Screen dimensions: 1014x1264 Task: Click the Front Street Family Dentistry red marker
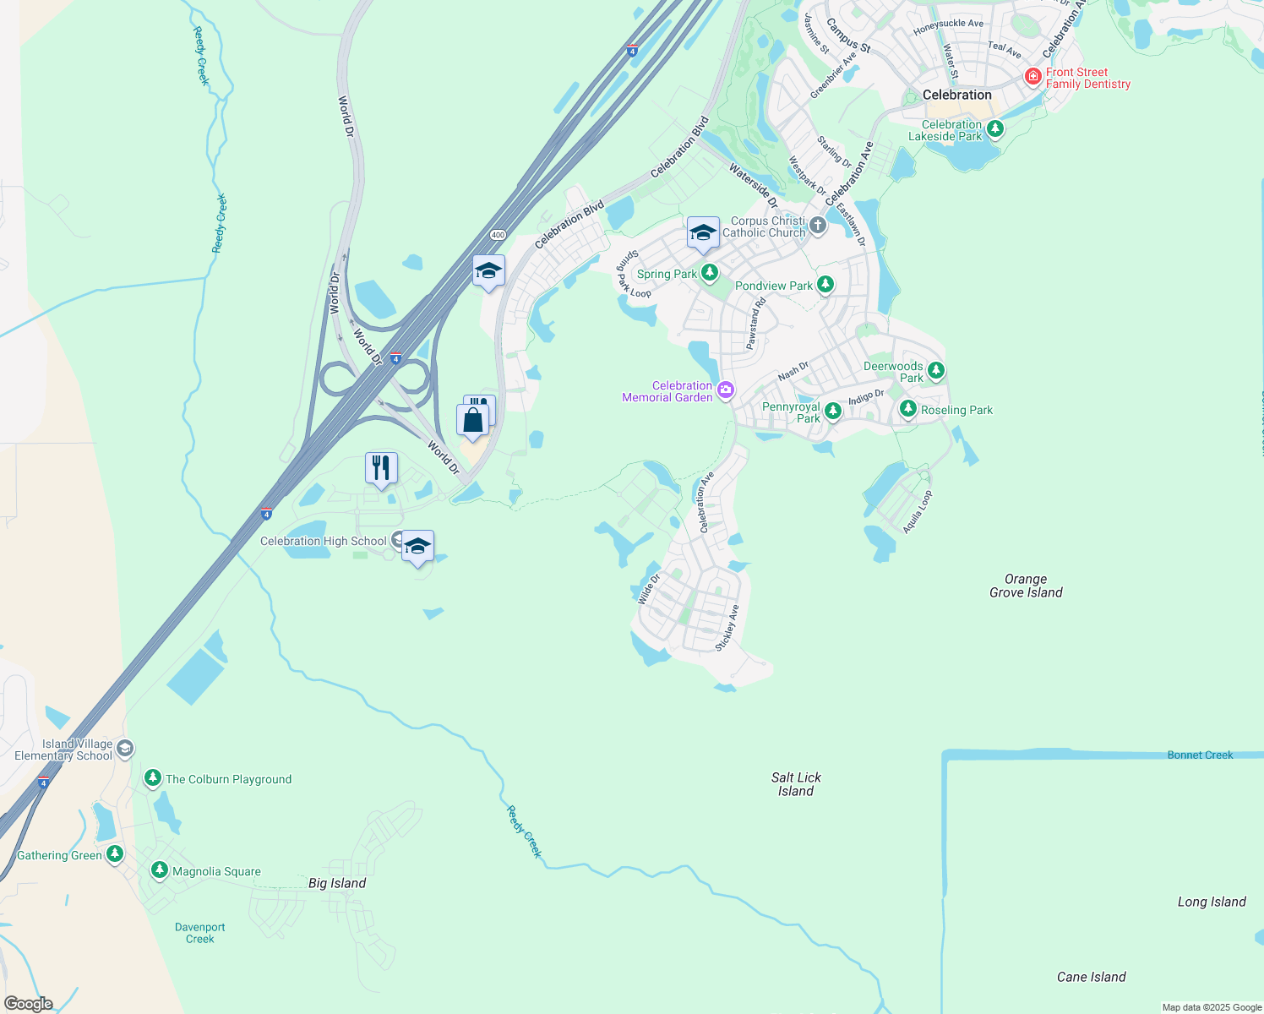coord(1032,77)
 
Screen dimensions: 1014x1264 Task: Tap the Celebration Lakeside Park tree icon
coord(995,129)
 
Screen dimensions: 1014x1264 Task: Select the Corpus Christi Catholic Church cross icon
coord(817,226)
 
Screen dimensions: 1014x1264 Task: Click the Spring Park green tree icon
coord(710,273)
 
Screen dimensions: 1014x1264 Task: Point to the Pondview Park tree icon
coord(825,285)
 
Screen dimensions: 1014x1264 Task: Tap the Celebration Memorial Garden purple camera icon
coord(725,390)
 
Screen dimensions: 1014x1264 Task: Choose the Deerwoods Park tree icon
coord(935,371)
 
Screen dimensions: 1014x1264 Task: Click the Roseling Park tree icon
coord(907,409)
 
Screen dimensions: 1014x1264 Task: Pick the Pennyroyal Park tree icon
coord(833,412)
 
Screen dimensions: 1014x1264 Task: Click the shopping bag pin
coord(472,420)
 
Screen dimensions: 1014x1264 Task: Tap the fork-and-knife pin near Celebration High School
coord(381,468)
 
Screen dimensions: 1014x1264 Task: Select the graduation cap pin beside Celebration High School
coord(417,547)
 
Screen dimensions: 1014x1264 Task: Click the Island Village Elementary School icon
coord(125,749)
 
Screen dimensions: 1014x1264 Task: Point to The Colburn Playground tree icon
coord(153,778)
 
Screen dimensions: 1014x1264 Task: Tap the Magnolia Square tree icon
coord(160,870)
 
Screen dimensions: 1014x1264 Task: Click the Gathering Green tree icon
coord(115,854)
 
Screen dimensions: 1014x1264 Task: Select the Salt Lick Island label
coord(796,784)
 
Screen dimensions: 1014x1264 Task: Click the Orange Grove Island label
coord(1026,586)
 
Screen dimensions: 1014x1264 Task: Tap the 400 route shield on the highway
coord(498,235)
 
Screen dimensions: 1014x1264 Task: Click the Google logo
coord(29,1004)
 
